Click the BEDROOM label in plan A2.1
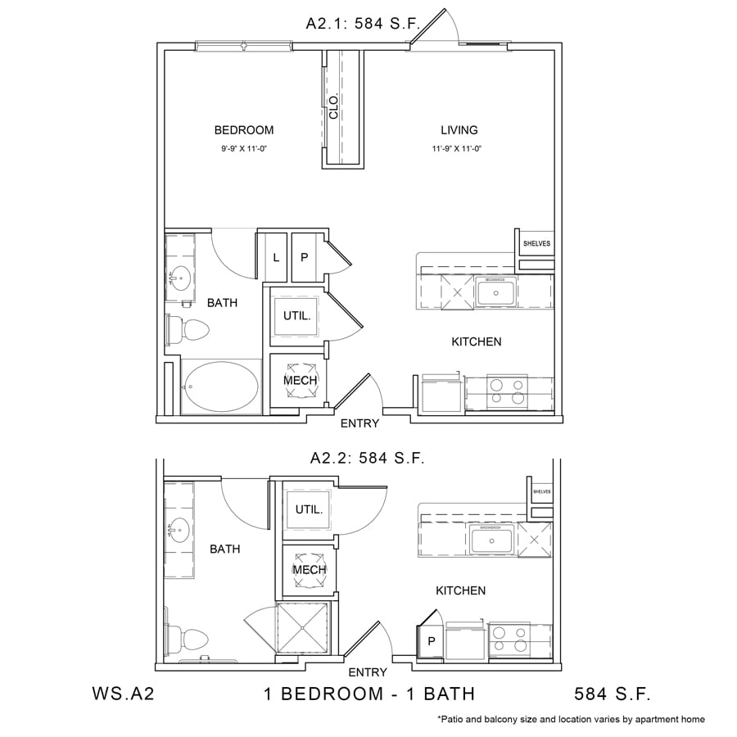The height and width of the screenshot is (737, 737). pos(243,130)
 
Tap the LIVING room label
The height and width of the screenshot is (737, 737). pos(459,130)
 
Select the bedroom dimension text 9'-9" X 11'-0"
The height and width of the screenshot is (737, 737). pos(244,149)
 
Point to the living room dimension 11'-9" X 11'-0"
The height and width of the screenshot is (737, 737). pos(457,149)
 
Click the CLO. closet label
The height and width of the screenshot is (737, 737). pos(334,106)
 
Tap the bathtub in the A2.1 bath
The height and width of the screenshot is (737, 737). pos(221,387)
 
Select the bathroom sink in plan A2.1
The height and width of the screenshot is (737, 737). pos(180,278)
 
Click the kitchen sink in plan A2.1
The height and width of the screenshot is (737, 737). pos(495,292)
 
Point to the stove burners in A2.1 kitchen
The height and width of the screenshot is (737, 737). pos(507,392)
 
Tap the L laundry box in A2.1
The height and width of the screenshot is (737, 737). pos(276,258)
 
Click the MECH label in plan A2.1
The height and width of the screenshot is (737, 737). pos(301,380)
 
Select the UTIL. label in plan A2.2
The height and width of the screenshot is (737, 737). pos(310,509)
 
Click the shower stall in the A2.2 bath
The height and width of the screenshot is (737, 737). pos(303,628)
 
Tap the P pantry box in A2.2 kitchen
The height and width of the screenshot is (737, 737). pos(432,641)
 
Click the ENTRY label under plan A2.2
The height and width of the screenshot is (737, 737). pos(368,672)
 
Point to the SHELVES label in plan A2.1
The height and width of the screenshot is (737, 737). pos(536,243)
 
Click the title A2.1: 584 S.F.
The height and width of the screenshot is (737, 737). pos(363,24)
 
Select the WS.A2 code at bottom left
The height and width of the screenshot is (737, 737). pos(123,694)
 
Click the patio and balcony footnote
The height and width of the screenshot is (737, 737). pos(571,719)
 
